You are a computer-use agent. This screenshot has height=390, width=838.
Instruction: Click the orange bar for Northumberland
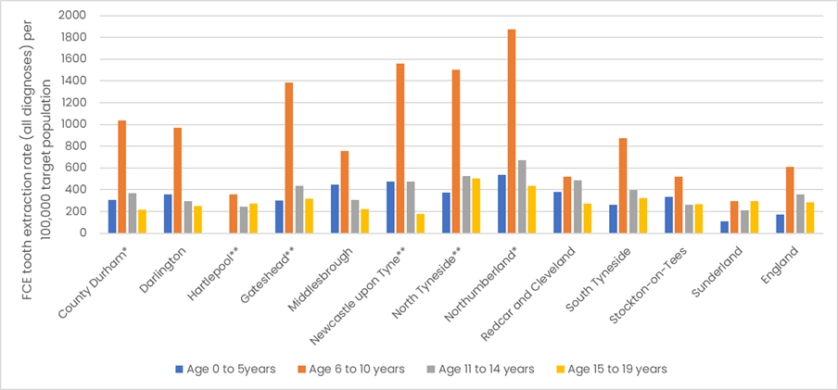point(512,131)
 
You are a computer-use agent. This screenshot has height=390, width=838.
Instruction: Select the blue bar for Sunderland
point(724,227)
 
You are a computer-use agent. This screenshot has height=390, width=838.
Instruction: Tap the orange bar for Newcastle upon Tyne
point(400,148)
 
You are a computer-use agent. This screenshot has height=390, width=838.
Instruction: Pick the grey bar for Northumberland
point(522,196)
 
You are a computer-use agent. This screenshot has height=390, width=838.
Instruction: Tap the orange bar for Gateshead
point(289,157)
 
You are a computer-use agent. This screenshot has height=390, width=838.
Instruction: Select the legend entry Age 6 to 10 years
point(355,369)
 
